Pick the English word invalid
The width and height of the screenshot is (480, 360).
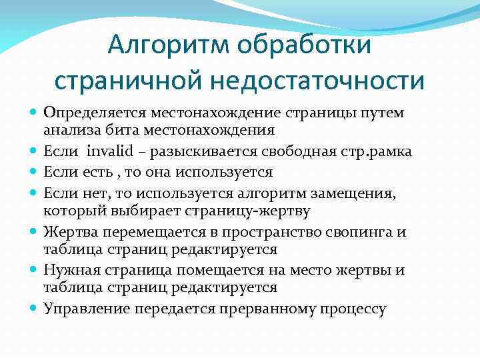click(110, 152)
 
